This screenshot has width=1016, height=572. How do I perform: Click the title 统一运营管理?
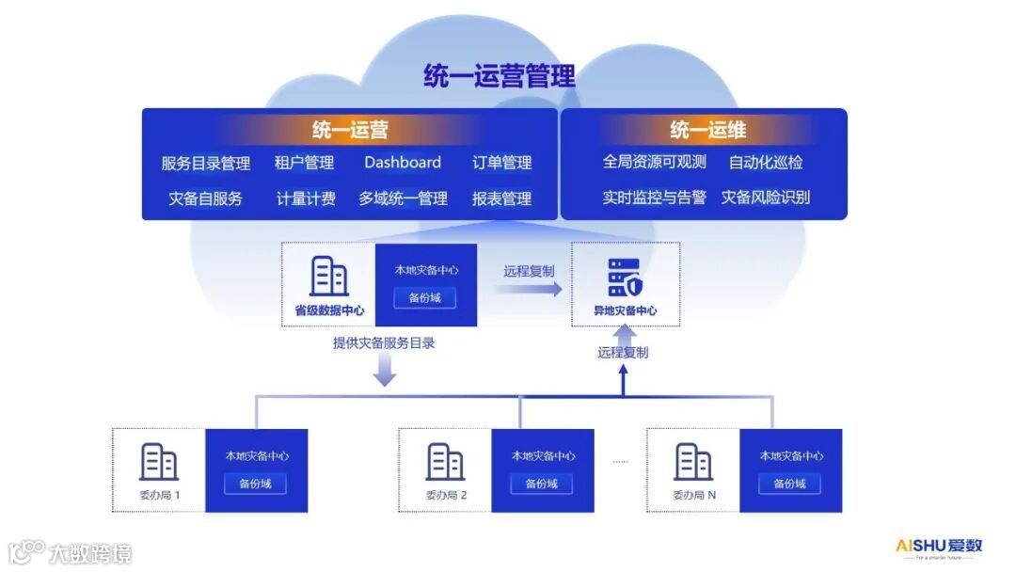click(499, 75)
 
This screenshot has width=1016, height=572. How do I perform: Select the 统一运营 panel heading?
click(350, 131)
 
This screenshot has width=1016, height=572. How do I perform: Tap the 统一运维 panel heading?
click(707, 131)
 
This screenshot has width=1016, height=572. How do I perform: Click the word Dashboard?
click(403, 163)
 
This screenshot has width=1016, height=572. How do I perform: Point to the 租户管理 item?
click(304, 163)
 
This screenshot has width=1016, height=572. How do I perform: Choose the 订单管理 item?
click(501, 163)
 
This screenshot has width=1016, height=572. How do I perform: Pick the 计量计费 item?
click(306, 199)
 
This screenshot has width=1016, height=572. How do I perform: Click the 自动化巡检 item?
click(766, 163)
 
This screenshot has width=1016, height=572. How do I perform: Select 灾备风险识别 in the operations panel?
click(765, 198)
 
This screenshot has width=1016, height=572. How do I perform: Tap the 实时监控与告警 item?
click(654, 198)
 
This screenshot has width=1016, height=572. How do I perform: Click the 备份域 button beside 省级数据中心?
click(426, 298)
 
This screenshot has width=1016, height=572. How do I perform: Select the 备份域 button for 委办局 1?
click(255, 484)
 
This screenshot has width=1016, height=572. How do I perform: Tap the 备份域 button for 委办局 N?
click(790, 484)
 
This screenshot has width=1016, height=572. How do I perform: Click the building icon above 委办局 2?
click(445, 462)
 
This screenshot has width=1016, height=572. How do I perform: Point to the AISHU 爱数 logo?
click(938, 547)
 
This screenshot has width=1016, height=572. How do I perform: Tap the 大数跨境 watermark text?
click(90, 552)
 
